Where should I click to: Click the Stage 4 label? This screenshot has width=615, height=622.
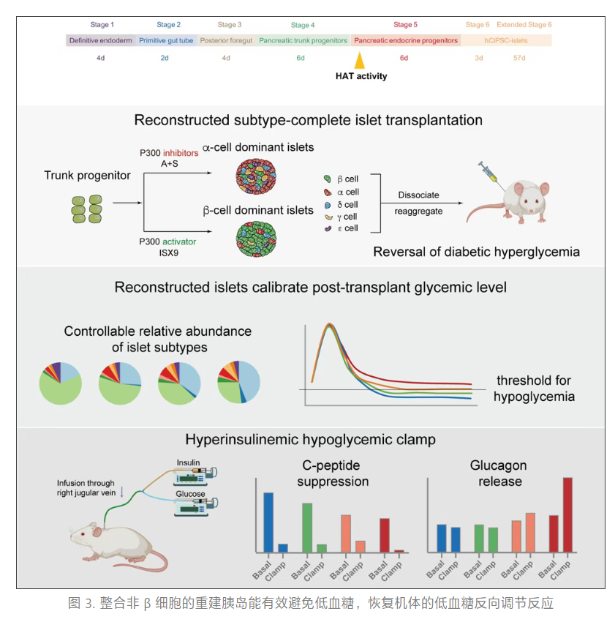pyautogui.click(x=303, y=25)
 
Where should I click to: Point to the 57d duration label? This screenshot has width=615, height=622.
pyautogui.click(x=519, y=57)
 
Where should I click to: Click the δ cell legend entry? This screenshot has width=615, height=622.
pyautogui.click(x=341, y=204)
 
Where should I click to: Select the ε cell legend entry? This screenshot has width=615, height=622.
pyautogui.click(x=341, y=228)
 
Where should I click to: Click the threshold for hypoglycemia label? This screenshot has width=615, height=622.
pyautogui.click(x=534, y=389)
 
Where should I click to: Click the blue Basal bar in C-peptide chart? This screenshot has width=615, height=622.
pyautogui.click(x=268, y=522)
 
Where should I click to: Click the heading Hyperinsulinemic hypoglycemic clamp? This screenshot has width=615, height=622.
pyautogui.click(x=311, y=440)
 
